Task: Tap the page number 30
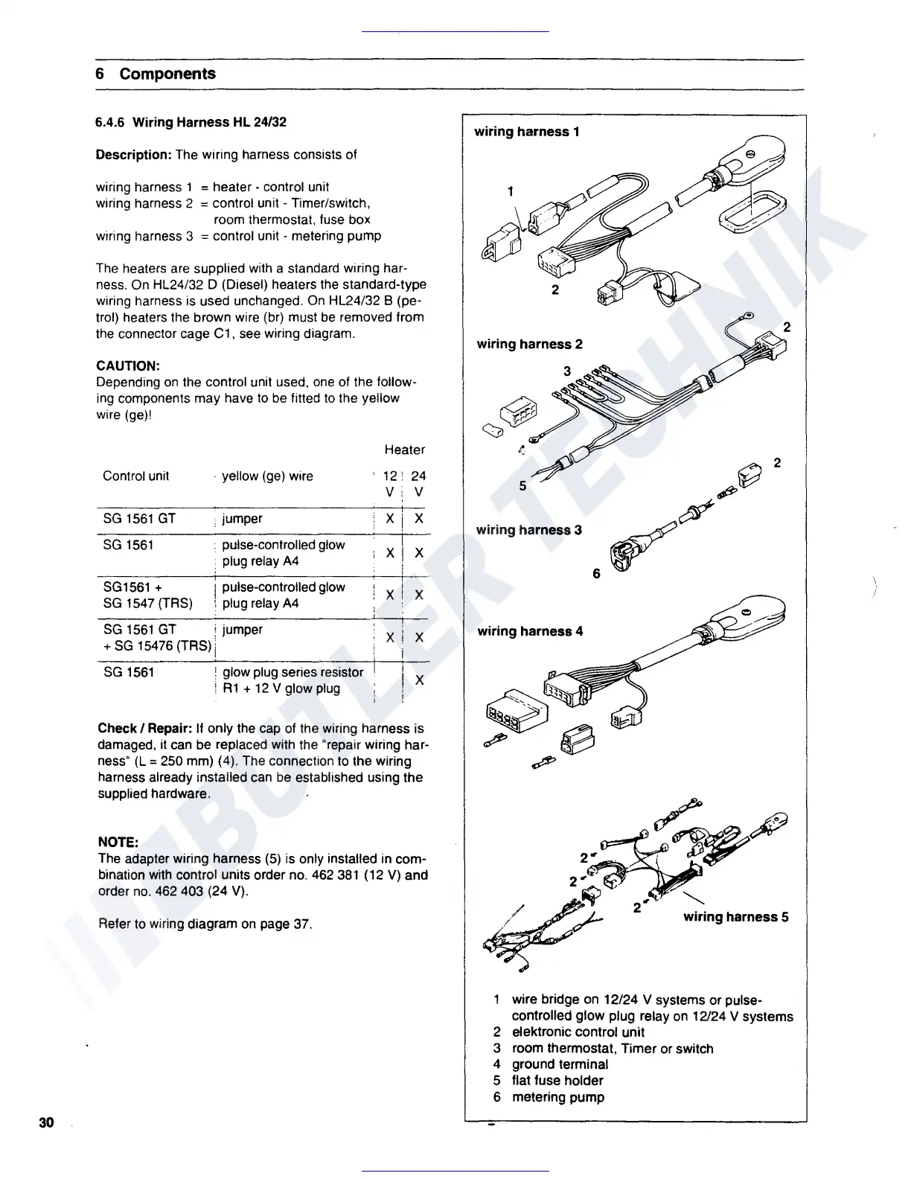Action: tap(46, 1122)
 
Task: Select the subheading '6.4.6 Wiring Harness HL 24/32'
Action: tap(191, 122)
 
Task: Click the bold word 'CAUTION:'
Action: tap(128, 366)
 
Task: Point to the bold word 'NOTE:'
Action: tap(118, 843)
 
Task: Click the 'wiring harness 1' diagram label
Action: tap(527, 132)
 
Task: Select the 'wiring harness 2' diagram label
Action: tap(529, 344)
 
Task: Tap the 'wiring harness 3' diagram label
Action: tap(529, 530)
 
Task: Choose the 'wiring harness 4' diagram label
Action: tap(530, 631)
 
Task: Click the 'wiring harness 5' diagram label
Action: tap(736, 917)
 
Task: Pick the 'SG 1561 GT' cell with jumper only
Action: tap(139, 519)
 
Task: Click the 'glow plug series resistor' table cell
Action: tap(293, 672)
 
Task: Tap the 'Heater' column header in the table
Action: tap(405, 450)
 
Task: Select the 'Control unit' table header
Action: tap(136, 476)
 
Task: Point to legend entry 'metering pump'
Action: tap(557, 1097)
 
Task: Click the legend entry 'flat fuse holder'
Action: tap(557, 1081)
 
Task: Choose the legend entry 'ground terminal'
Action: tap(560, 1064)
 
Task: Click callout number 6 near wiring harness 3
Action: tap(596, 574)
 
